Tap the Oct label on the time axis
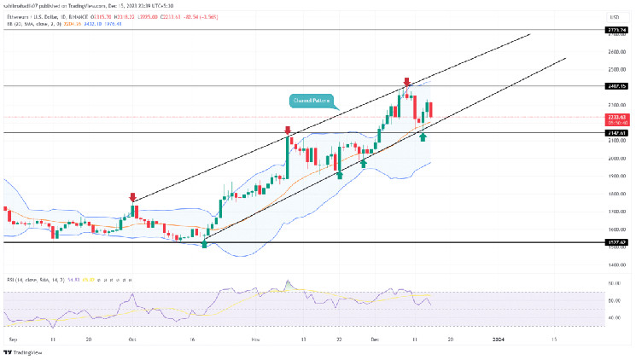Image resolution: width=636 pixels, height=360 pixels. [131, 339]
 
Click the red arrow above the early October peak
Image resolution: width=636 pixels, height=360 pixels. [132, 196]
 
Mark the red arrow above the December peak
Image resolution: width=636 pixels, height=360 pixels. [406, 82]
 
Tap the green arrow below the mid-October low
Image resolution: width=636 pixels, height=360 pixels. [205, 244]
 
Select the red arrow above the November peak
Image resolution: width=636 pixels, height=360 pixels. [288, 131]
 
